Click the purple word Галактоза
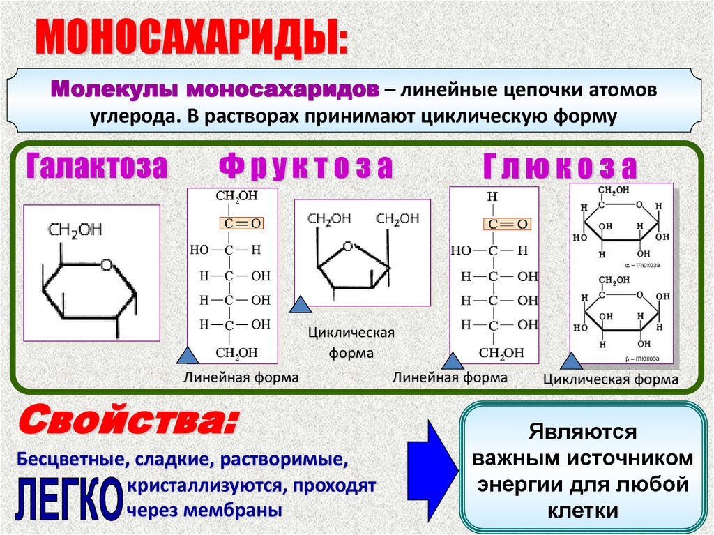click(98, 167)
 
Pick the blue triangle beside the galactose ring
click(188, 356)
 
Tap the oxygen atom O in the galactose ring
click(106, 264)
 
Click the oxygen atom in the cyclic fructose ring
click(348, 246)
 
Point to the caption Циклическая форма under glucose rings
click(610, 380)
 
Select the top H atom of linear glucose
click(492, 197)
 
